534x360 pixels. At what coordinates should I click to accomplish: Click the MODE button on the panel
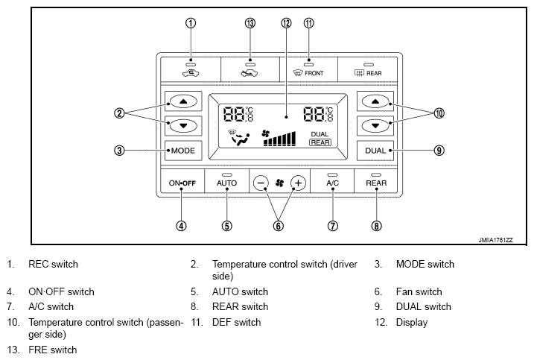click(x=183, y=151)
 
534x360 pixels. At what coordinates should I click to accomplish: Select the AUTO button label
click(x=226, y=183)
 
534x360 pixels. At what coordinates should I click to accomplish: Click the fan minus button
click(x=261, y=183)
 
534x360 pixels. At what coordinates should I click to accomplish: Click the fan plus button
click(x=299, y=183)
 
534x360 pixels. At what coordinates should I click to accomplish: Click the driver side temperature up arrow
click(x=183, y=101)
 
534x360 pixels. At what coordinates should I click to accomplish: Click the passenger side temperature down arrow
click(x=375, y=126)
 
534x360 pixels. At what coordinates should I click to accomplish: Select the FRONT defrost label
click(x=314, y=73)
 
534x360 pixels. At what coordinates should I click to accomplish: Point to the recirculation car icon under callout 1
click(x=191, y=72)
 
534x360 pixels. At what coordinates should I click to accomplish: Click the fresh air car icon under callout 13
click(x=249, y=72)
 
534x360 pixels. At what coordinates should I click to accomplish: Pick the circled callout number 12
click(x=287, y=23)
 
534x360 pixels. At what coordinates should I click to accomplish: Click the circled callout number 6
click(x=279, y=226)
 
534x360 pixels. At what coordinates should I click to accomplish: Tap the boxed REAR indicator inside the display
click(x=320, y=142)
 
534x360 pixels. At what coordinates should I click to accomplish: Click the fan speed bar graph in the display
click(x=280, y=139)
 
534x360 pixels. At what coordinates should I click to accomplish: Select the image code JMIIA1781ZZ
click(x=495, y=240)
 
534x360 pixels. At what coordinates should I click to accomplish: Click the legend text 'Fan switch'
click(x=419, y=292)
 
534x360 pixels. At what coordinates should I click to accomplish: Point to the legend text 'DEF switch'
click(x=236, y=322)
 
